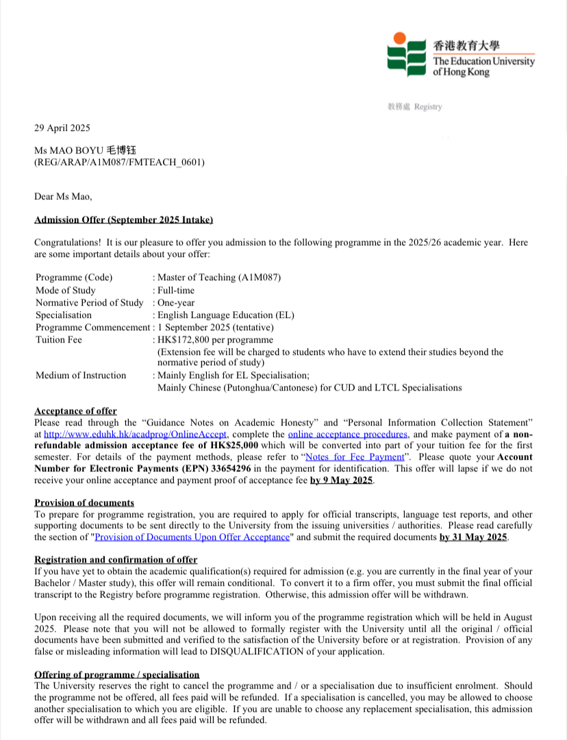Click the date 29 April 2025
click(62, 127)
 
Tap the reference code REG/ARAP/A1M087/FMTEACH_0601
click(119, 162)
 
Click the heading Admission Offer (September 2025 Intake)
click(124, 219)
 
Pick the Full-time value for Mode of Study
click(176, 291)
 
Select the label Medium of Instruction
click(81, 375)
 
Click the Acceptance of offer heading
click(75, 411)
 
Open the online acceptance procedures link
click(349, 434)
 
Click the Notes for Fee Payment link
click(355, 456)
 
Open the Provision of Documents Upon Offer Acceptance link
click(192, 537)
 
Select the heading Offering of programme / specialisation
click(117, 675)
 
